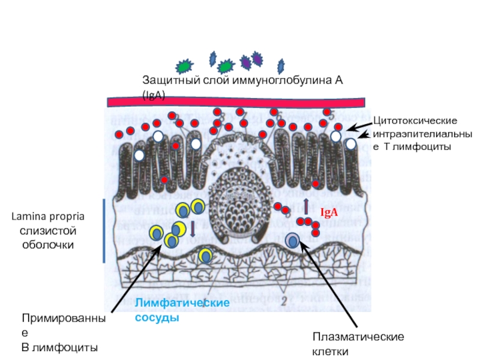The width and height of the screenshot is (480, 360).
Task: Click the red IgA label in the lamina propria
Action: click(329, 212)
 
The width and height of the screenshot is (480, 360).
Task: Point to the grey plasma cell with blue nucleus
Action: click(293, 240)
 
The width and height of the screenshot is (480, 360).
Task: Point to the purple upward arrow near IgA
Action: click(306, 206)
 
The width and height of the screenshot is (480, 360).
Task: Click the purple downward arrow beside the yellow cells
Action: click(193, 227)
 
